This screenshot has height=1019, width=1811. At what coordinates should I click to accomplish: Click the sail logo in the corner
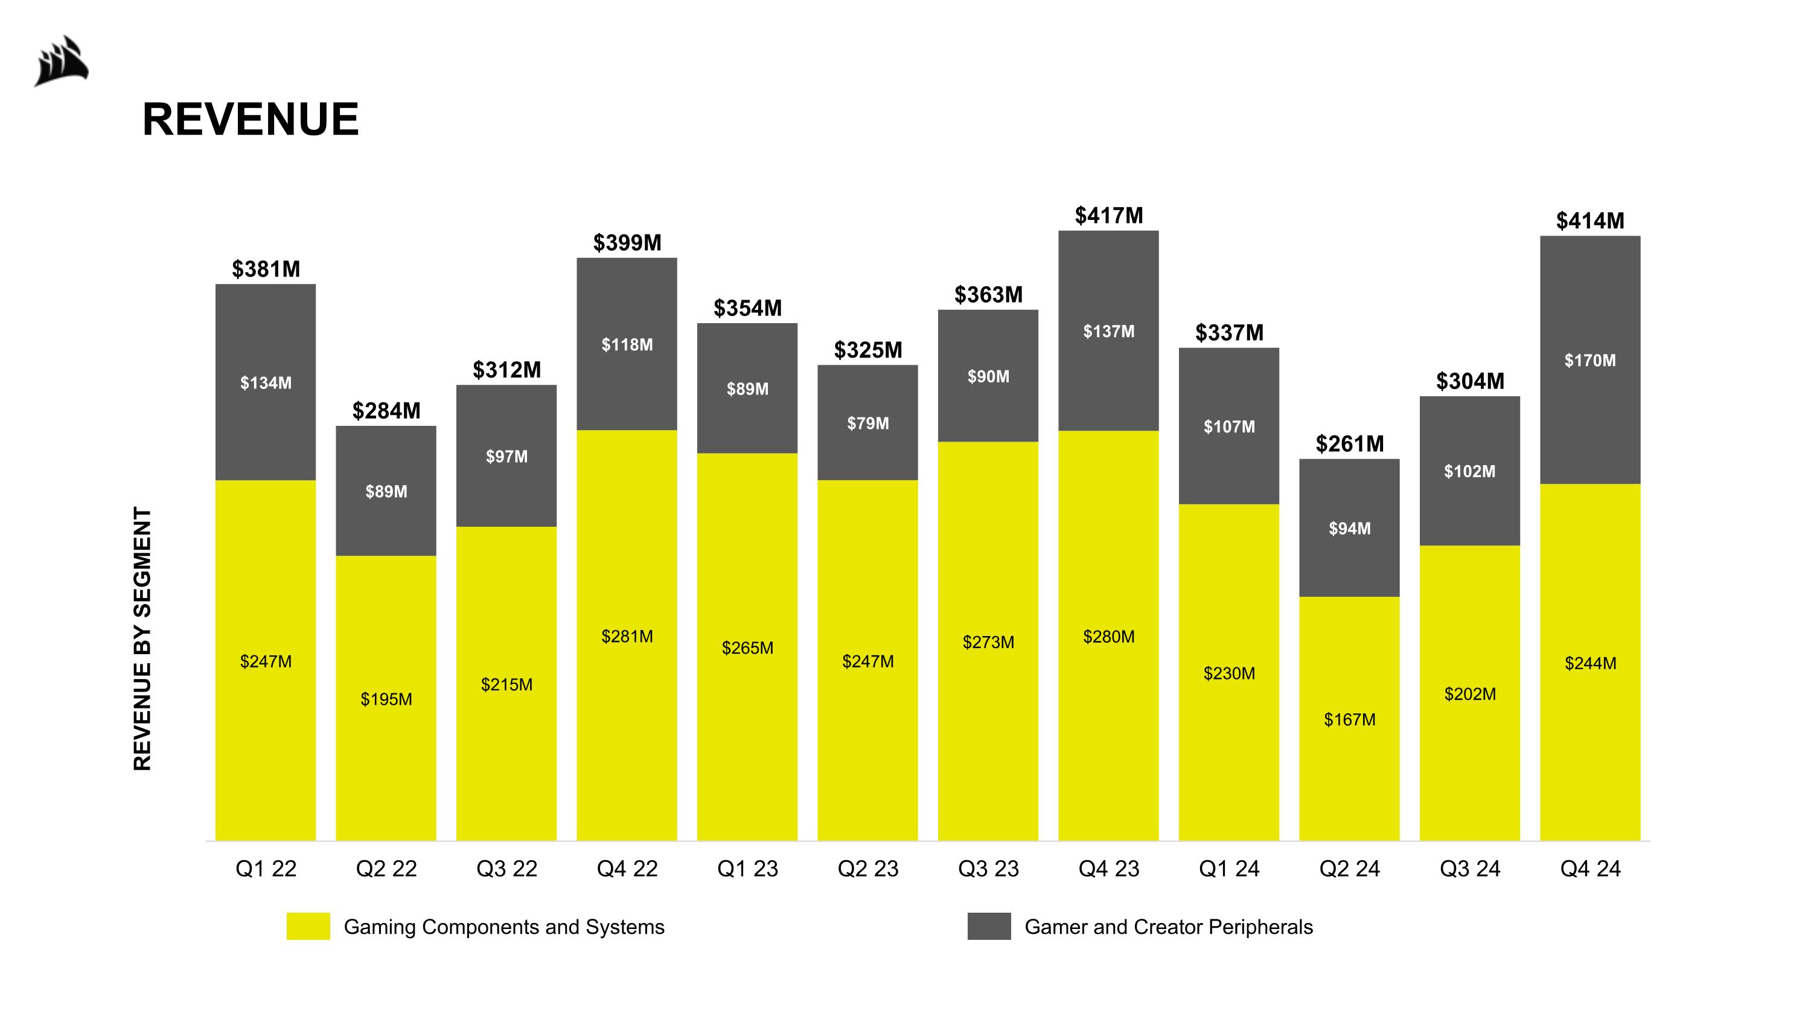pos(62,62)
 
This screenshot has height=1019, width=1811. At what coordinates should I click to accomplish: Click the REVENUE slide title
pos(251,119)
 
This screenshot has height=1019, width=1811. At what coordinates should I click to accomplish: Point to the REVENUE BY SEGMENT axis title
pos(142,638)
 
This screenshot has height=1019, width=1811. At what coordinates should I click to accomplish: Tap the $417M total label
pos(1109,215)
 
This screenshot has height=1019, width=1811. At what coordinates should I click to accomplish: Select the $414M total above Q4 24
pos(1589,221)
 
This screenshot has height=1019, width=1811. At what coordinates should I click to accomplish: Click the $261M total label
pos(1349,444)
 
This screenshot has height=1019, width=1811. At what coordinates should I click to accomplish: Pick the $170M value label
pos(1589,361)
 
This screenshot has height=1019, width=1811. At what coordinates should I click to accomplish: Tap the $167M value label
pos(1349,719)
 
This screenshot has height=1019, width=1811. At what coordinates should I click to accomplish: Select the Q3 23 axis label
pos(988,869)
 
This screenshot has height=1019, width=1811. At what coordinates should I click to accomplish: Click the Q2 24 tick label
pos(1349,869)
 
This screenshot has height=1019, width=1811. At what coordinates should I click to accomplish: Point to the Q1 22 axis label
pos(266,869)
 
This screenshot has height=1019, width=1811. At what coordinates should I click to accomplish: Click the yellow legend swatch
pos(308,926)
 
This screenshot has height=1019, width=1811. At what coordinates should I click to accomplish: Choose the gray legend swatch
pos(988,926)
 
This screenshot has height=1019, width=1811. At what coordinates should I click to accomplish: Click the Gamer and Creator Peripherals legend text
pos(1169,927)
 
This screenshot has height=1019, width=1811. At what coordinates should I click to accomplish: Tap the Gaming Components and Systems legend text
pos(503,927)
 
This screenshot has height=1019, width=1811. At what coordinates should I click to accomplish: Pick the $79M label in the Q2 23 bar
pos(867,423)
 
